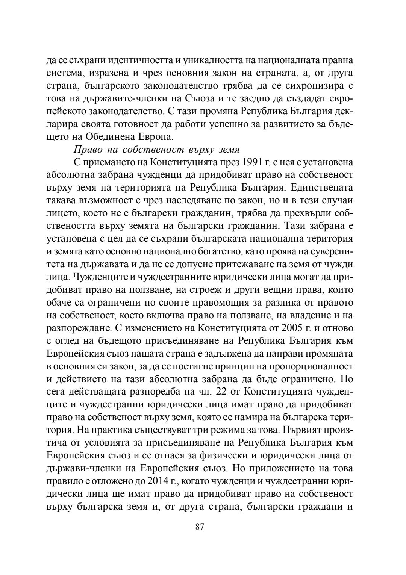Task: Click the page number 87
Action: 200,527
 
